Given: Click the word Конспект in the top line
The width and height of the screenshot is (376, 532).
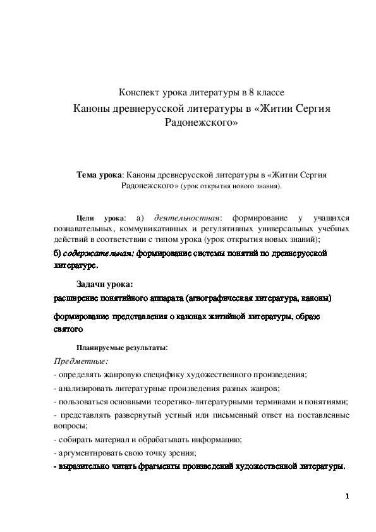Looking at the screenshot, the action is [141, 93].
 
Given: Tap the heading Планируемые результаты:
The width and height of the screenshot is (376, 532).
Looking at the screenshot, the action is [121, 348].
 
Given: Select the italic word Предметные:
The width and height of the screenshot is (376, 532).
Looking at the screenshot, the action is [81, 361].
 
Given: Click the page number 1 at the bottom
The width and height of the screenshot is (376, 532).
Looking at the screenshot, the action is [348, 496].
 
